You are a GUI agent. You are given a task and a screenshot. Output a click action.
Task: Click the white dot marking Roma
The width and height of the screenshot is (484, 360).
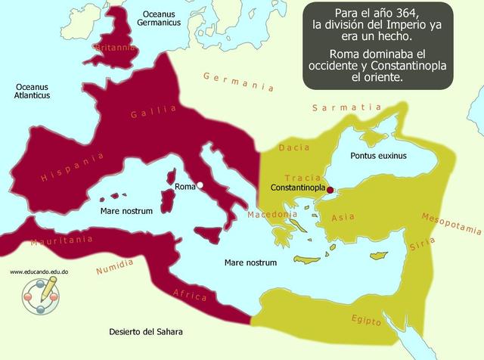click(200, 185)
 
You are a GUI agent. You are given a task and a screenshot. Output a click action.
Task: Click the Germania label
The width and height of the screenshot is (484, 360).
click(237, 81)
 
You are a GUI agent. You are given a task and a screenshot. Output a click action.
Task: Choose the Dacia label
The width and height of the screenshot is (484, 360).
click(294, 148)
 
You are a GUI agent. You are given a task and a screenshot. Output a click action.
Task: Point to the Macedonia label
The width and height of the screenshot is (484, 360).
click(271, 215)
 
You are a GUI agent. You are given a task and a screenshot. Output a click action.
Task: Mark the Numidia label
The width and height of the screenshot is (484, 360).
click(114, 266)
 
